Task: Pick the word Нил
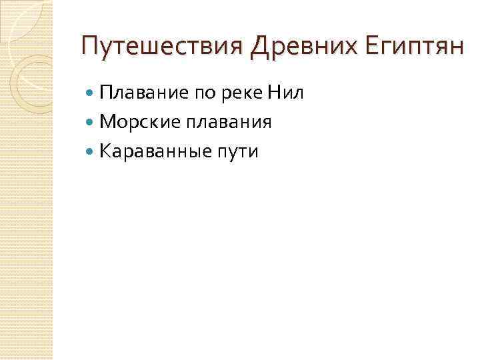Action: [285, 93]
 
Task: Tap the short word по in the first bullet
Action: [204, 93]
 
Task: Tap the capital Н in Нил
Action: [273, 93]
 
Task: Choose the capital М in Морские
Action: [106, 122]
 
